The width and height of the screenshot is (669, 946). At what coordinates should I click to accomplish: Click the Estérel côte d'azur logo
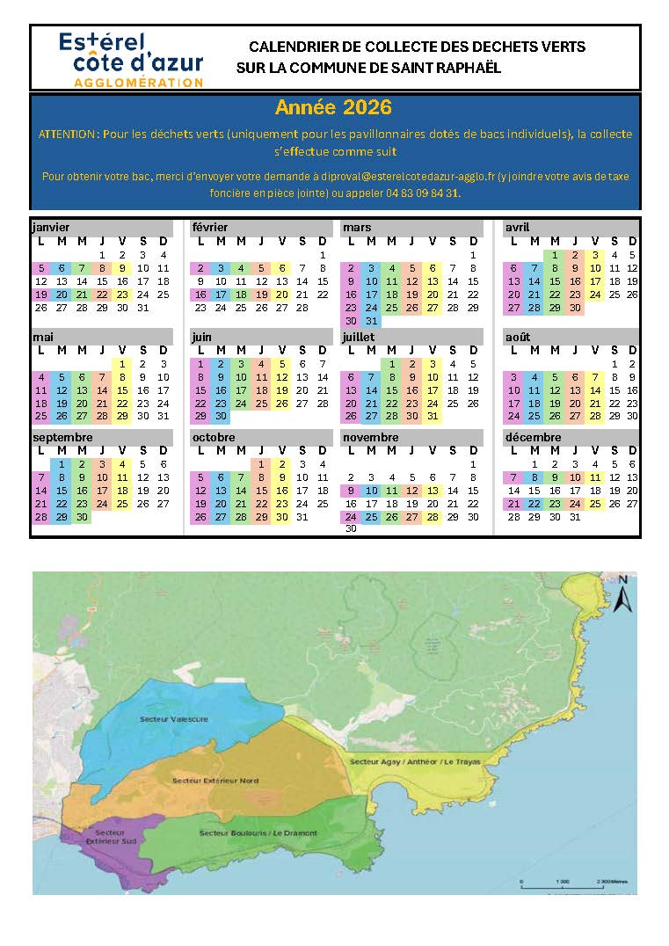click(130, 58)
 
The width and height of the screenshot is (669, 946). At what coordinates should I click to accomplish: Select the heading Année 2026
click(333, 108)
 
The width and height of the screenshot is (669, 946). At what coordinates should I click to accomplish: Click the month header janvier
click(51, 228)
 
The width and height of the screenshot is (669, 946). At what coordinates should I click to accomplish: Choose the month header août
click(518, 337)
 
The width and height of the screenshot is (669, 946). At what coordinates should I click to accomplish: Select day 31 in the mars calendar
click(371, 321)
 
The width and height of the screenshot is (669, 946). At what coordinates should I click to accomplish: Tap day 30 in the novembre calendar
click(351, 528)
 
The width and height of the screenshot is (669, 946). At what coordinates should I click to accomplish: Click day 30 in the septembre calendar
click(82, 517)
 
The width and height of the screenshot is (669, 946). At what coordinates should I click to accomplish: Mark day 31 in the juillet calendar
click(432, 416)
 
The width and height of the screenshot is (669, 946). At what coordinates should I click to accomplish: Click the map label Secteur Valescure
click(174, 719)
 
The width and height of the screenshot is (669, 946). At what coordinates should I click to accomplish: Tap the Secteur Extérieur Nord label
click(216, 781)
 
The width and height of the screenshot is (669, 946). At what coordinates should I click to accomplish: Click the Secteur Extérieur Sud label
click(110, 836)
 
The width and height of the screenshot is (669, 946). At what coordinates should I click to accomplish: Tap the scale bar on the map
click(564, 880)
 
